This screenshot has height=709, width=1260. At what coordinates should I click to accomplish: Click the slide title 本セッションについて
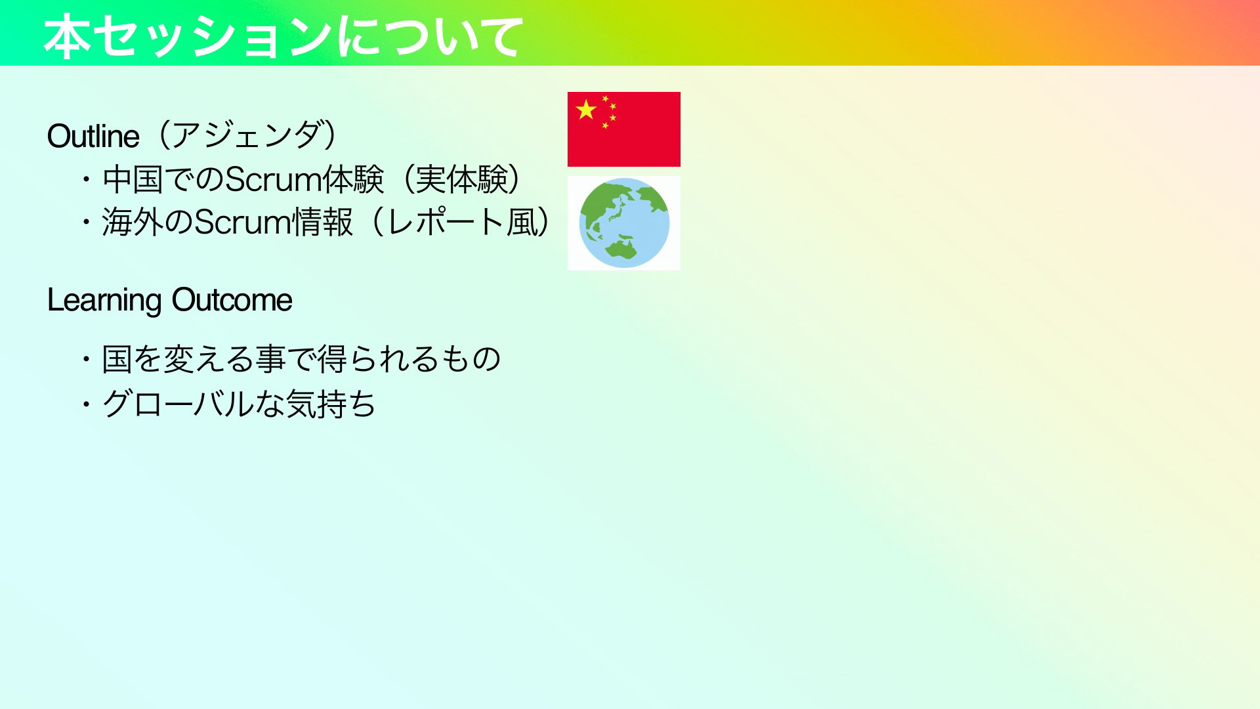[x=283, y=37]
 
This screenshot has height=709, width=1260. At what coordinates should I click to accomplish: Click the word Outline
[x=93, y=137]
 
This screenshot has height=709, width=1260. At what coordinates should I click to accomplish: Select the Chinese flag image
[x=624, y=129]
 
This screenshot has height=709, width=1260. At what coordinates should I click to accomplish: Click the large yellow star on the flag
[x=586, y=110]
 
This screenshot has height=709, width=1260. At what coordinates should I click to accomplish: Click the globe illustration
[x=624, y=223]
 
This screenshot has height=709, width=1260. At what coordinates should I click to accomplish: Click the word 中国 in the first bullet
[x=133, y=179]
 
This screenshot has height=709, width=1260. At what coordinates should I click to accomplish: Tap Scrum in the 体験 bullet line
[x=273, y=179]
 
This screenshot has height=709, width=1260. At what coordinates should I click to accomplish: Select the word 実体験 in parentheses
[x=462, y=179]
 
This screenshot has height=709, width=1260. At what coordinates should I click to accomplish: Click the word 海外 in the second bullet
[x=133, y=222]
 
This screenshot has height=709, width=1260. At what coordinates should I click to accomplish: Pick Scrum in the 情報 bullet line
[x=243, y=222]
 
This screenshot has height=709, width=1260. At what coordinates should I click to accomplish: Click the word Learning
[x=104, y=301]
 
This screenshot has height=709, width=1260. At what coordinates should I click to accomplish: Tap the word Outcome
[x=232, y=300]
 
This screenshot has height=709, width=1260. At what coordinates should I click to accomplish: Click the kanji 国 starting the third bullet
[x=117, y=359]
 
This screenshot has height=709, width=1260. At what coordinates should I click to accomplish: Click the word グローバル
[x=178, y=403]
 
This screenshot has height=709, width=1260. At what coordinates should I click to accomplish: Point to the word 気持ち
[x=331, y=403]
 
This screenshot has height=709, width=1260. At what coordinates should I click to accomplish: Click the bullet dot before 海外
[x=86, y=222]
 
